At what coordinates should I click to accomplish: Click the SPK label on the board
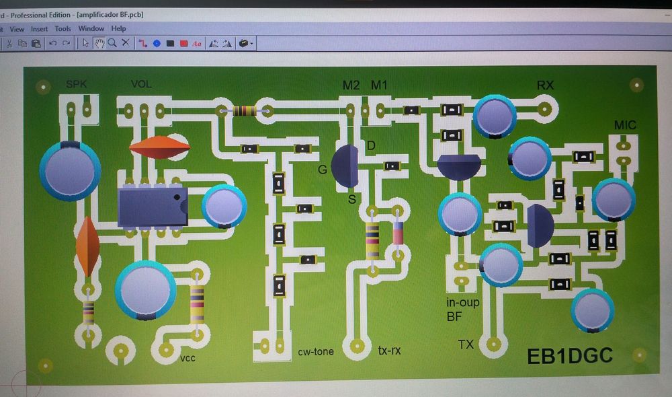(77, 84)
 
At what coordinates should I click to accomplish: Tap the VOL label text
(141, 84)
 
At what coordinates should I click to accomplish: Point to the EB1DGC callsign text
(570, 355)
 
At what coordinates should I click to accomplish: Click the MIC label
(625, 126)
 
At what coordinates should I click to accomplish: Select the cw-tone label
(316, 351)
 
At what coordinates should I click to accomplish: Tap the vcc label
(187, 359)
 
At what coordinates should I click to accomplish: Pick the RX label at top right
(545, 85)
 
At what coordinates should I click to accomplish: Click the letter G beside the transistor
(323, 170)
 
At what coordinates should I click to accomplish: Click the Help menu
(118, 29)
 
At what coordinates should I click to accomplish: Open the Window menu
(91, 29)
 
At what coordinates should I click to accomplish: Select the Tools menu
(62, 29)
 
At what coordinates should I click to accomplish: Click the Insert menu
(39, 29)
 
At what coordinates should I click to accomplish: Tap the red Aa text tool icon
(197, 44)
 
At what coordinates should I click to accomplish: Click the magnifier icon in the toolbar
(112, 43)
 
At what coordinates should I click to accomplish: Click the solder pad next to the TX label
(493, 345)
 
